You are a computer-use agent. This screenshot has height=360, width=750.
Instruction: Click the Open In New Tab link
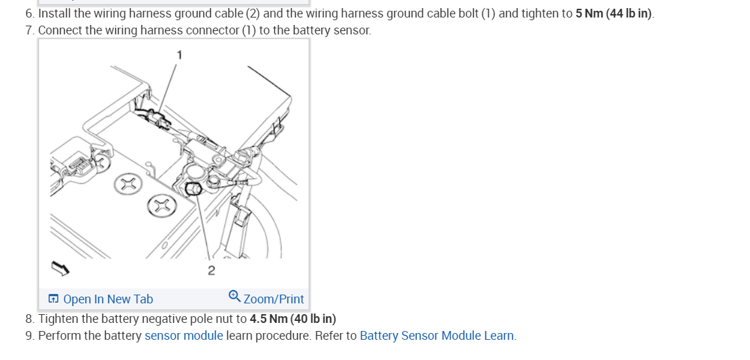click(108, 299)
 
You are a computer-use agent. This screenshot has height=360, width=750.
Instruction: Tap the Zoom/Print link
click(274, 299)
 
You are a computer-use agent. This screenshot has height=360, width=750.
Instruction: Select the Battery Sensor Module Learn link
click(437, 336)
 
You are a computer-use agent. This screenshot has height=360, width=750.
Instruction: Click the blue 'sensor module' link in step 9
click(183, 336)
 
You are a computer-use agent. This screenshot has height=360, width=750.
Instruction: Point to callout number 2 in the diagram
click(212, 271)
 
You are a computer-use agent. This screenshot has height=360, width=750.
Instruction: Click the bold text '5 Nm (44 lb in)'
click(614, 14)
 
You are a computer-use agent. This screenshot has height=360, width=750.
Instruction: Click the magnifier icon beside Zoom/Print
click(235, 297)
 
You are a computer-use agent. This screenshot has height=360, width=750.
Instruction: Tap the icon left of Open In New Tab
click(53, 299)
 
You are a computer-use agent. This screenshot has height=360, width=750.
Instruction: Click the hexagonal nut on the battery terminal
click(192, 189)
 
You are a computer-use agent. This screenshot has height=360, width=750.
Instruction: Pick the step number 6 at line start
click(29, 14)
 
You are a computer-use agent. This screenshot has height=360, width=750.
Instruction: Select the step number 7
click(29, 31)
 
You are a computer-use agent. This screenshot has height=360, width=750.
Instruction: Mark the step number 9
click(29, 336)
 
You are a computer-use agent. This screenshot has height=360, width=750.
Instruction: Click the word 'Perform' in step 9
click(59, 336)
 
